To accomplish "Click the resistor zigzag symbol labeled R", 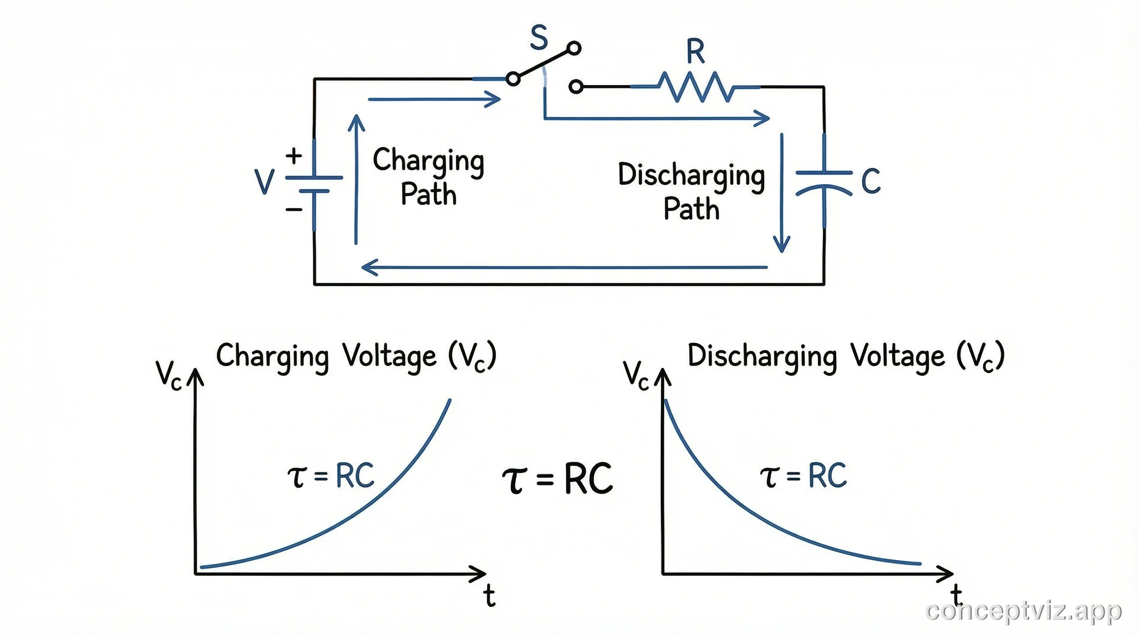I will point(696,87).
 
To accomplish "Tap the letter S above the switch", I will point(539,38).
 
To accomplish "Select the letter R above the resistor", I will point(696,51).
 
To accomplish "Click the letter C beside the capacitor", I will point(871,181).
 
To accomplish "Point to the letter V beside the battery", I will point(265,181).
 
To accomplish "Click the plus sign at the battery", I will point(294,155).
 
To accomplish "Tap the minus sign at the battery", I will point(294,209).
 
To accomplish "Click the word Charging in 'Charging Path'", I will point(428,161).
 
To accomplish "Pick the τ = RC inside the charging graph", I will point(331,476).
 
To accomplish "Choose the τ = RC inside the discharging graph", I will point(803,476).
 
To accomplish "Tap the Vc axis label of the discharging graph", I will point(635,375).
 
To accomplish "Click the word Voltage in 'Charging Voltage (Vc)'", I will point(390,356).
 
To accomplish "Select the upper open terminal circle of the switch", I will point(574,48).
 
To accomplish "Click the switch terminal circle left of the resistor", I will point(576,86).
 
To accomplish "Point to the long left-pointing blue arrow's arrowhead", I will point(369,267).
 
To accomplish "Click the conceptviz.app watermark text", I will point(1023,611).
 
